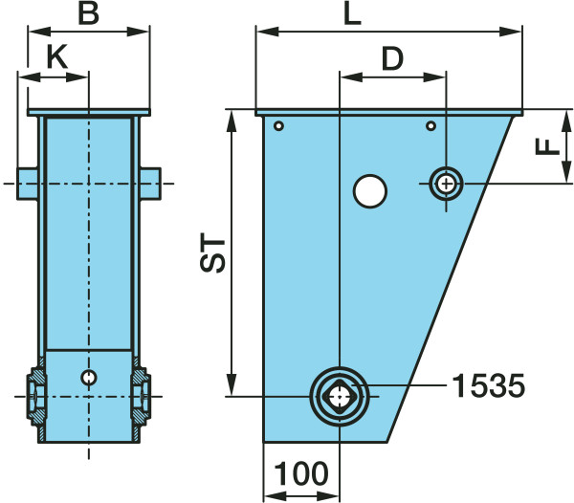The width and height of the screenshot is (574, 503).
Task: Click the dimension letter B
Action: [89, 14]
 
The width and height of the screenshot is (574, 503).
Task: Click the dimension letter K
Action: [57, 57]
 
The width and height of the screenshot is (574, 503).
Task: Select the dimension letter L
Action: [352, 14]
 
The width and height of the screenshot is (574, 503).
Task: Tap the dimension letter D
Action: [392, 58]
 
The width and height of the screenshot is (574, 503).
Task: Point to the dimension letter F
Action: [547, 146]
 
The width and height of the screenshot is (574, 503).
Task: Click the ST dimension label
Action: [212, 255]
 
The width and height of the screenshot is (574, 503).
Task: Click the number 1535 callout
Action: [489, 385]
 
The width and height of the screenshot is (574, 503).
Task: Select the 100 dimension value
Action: [301, 473]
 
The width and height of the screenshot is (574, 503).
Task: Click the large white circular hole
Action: [369, 191]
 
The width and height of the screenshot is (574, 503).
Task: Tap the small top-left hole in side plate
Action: [279, 126]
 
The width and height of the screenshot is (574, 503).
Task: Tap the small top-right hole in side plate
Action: [430, 126]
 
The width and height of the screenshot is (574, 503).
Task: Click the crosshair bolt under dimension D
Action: [446, 184]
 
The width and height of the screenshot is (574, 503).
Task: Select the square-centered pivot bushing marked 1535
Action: [340, 396]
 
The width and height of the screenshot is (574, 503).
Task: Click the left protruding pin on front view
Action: [28, 184]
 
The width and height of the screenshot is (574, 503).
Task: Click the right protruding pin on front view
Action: [150, 184]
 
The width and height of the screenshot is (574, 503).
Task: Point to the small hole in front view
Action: [89, 377]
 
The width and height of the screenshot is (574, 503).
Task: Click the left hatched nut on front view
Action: [36, 397]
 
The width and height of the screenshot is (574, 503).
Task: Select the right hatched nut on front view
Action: [141, 397]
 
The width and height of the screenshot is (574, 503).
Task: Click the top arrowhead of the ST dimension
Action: [232, 121]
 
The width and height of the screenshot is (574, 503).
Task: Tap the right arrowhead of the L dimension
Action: [510, 32]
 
